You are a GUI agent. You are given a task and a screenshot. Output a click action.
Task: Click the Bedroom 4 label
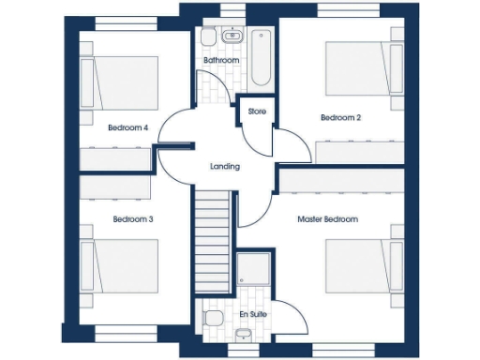tap(127, 127)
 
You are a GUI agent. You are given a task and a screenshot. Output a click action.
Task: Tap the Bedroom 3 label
tap(132, 219)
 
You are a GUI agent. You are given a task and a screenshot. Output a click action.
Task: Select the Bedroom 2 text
tap(340, 118)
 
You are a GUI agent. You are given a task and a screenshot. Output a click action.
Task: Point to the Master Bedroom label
tap(327, 219)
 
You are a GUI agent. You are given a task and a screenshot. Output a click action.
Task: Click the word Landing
tap(225, 167)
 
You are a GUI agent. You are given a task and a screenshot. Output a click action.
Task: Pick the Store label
tap(257, 112)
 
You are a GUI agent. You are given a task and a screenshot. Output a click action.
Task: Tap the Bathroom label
tap(221, 61)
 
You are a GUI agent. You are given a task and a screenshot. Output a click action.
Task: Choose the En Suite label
tap(252, 313)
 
